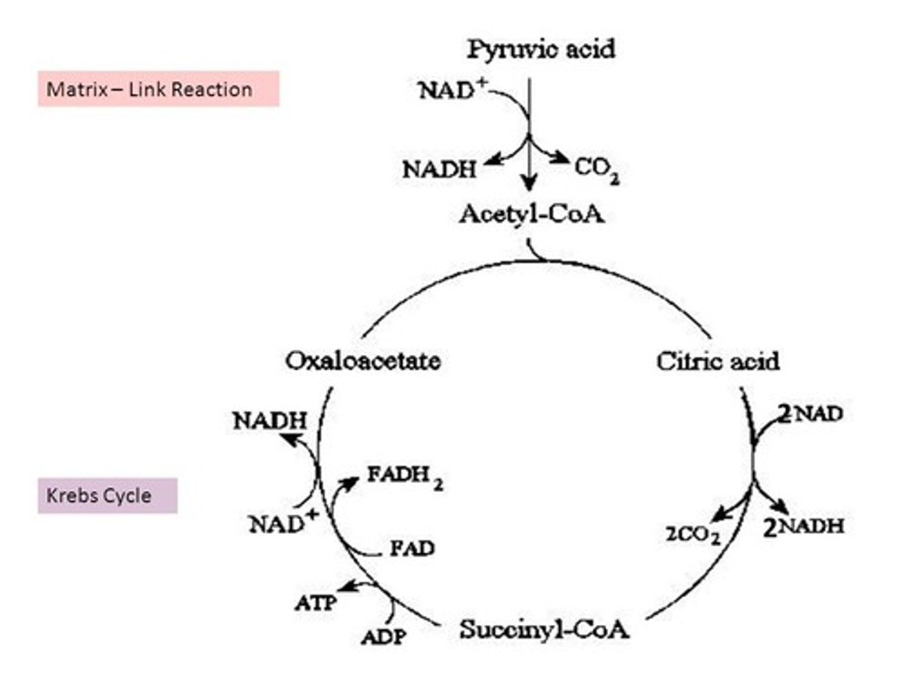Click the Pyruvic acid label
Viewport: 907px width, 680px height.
click(x=541, y=49)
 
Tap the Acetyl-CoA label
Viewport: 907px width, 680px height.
click(x=531, y=214)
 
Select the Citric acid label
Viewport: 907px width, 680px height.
click(x=717, y=361)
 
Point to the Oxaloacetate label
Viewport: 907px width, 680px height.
click(x=363, y=361)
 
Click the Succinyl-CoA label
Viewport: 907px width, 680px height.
click(x=544, y=629)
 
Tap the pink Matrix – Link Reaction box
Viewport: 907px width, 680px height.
click(x=158, y=89)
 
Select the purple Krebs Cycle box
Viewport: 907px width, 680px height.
click(x=107, y=496)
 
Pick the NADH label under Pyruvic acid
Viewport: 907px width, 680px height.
click(x=439, y=169)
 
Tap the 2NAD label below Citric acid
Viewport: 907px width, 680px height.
click(x=810, y=414)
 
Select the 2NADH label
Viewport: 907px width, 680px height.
click(x=803, y=526)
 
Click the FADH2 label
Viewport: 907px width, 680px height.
click(x=404, y=476)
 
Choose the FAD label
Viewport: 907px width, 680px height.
click(x=412, y=548)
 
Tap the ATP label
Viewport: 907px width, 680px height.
click(x=316, y=603)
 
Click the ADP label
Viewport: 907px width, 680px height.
click(x=384, y=637)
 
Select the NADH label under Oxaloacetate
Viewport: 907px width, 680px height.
click(x=270, y=421)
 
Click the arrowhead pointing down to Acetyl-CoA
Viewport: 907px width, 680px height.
click(x=529, y=184)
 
